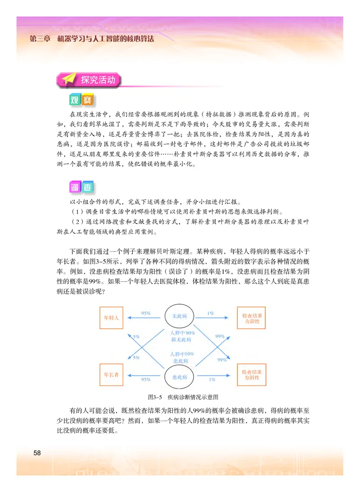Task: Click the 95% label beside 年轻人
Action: tap(145, 313)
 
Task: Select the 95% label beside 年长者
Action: tap(145, 380)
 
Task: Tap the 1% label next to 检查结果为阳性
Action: tap(211, 313)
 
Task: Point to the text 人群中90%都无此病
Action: tap(180, 336)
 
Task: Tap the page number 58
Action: tap(37, 452)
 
